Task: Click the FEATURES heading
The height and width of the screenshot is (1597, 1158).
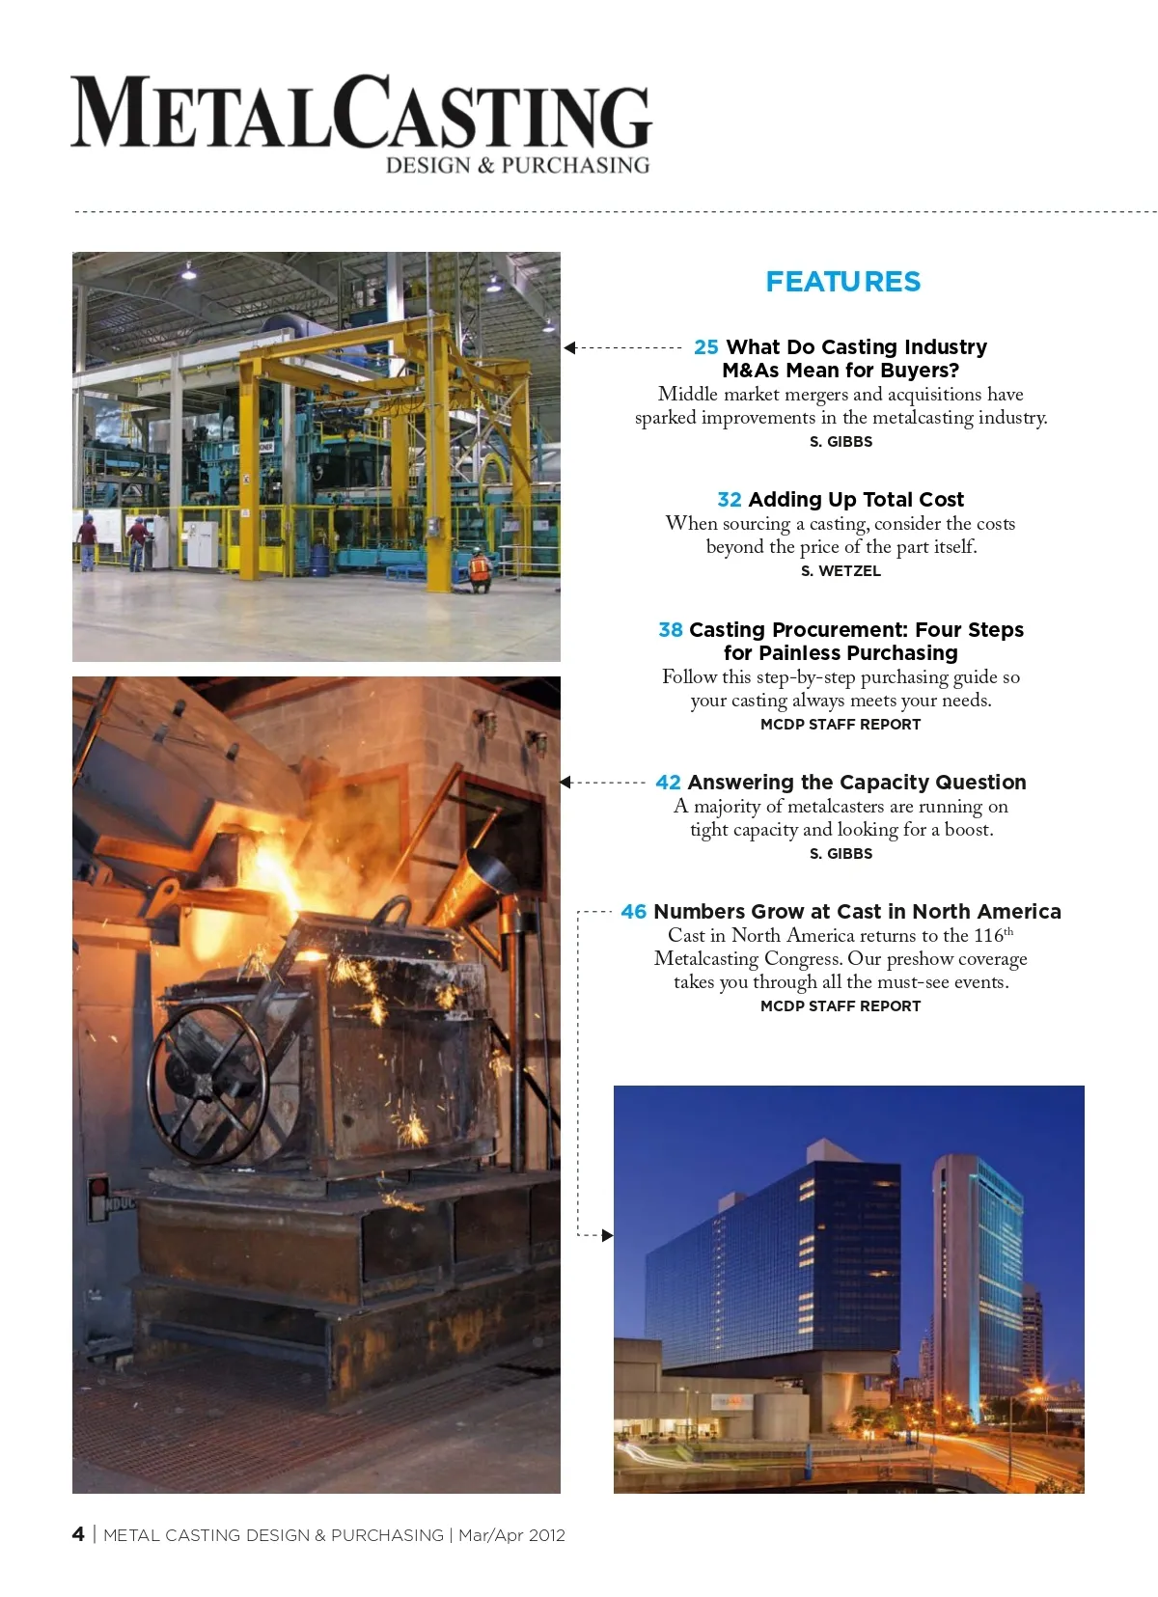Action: [x=842, y=282]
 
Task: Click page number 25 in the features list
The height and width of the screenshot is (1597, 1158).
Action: [x=706, y=347]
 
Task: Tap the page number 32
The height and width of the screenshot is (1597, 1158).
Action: [x=730, y=500]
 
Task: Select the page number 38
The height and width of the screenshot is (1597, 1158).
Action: [x=671, y=630]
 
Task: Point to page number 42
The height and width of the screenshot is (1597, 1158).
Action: [x=668, y=783]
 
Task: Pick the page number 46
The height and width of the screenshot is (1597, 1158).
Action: [x=634, y=912]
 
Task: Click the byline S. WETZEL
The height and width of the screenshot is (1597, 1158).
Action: [x=841, y=571]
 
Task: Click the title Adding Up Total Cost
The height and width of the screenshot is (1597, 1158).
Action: [x=856, y=500]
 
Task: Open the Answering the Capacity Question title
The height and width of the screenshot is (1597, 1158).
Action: [x=857, y=783]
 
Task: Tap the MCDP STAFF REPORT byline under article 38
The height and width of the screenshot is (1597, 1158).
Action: [x=841, y=725]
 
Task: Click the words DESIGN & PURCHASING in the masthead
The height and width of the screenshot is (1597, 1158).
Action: [x=517, y=165]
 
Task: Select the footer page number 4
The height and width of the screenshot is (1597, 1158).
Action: [x=78, y=1534]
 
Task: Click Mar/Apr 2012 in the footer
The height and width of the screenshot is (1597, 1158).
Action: [x=511, y=1535]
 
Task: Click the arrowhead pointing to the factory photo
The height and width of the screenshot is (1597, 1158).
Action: [x=569, y=347]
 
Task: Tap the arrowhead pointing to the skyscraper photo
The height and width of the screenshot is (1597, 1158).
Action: [x=607, y=1235]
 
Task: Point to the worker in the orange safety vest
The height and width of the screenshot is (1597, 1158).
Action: [x=479, y=569]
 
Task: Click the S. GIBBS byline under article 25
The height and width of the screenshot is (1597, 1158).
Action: [x=841, y=442]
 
